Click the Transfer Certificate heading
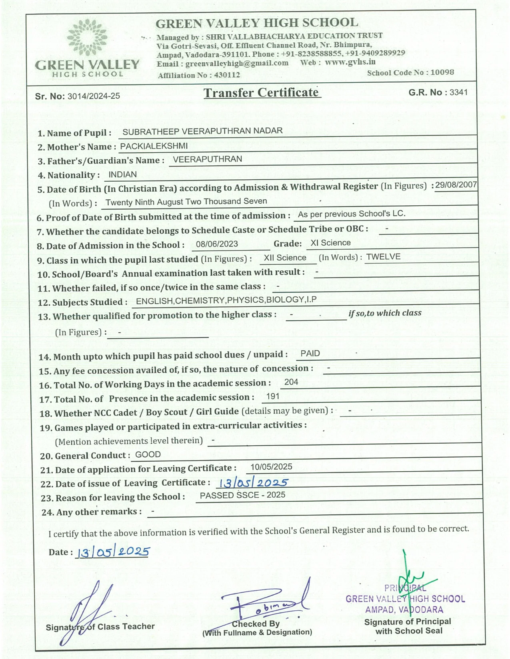[261, 93]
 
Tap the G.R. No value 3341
[458, 92]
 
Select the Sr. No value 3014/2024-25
[94, 96]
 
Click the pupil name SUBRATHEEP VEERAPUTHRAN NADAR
[202, 131]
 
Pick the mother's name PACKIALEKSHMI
[154, 146]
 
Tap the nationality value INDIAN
[122, 175]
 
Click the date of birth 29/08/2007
[456, 185]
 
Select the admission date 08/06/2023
[217, 244]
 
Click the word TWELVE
[383, 256]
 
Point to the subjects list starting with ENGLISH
[226, 300]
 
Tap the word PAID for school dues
[310, 353]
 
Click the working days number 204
[291, 382]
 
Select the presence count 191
[272, 396]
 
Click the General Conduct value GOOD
[148, 455]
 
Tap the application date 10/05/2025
[271, 466]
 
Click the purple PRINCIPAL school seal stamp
[405, 599]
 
